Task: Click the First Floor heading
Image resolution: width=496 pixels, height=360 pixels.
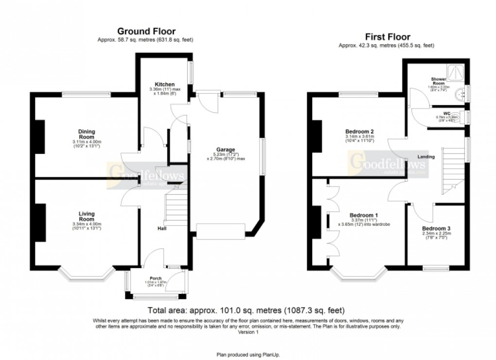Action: tap(387, 37)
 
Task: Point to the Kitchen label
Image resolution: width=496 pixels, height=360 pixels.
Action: tap(161, 85)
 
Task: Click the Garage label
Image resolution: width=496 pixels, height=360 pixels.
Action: tap(226, 149)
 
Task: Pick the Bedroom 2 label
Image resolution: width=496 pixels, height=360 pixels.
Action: tap(359, 132)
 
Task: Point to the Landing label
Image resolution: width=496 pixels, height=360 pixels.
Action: tap(425, 157)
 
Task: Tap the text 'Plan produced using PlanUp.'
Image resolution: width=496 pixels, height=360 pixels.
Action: tap(248, 355)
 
